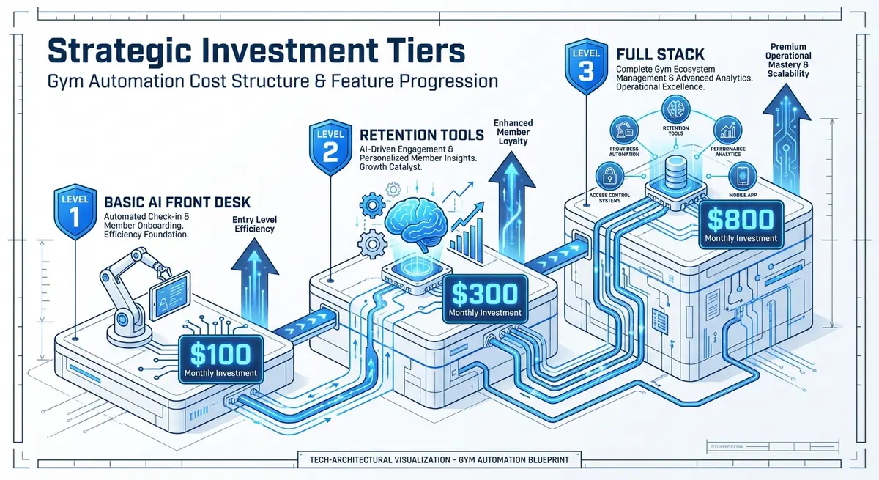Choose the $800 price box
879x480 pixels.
[741, 222]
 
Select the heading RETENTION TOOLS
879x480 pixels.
[421, 134]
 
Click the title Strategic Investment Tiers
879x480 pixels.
[256, 53]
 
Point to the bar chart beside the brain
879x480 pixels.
[466, 238]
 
